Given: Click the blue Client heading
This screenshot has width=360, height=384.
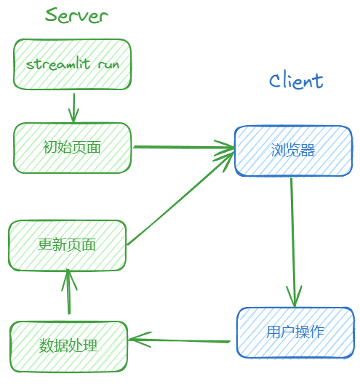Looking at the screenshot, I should coord(296,80).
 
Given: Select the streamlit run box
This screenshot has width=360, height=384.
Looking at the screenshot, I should coord(72,64).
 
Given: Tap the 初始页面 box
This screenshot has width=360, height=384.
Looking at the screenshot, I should coord(72,148).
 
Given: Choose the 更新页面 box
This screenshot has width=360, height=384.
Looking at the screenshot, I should coord(67,245).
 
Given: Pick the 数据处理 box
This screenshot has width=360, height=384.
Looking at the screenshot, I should coord(68,344).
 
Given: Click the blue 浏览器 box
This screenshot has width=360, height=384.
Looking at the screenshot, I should coord(292,151).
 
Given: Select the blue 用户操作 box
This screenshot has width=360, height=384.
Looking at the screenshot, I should coord(295,332).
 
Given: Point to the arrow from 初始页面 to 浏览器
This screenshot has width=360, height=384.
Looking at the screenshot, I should coord(182,148).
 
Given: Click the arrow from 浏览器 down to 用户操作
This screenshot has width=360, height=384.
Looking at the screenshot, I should coord(292,240).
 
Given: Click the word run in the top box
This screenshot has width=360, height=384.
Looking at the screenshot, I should coord(108,65).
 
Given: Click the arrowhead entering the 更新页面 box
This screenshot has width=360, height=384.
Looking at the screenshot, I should coord(68,275).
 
